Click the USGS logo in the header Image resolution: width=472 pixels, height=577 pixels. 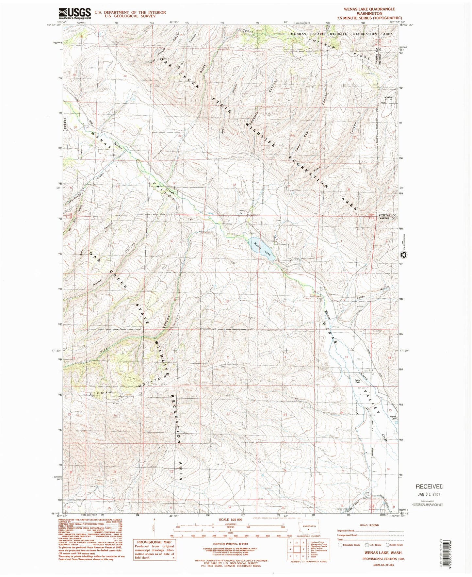tap(74, 13)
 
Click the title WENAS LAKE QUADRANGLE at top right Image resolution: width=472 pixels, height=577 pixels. tap(369, 9)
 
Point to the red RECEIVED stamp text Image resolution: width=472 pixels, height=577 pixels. tap(430, 486)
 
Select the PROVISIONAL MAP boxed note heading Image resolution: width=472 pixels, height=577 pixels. tap(154, 542)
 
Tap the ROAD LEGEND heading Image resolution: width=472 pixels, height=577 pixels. tap(369, 525)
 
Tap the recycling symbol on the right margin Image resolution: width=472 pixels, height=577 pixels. tap(403, 255)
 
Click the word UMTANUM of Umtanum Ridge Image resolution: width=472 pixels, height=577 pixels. tap(322, 43)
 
